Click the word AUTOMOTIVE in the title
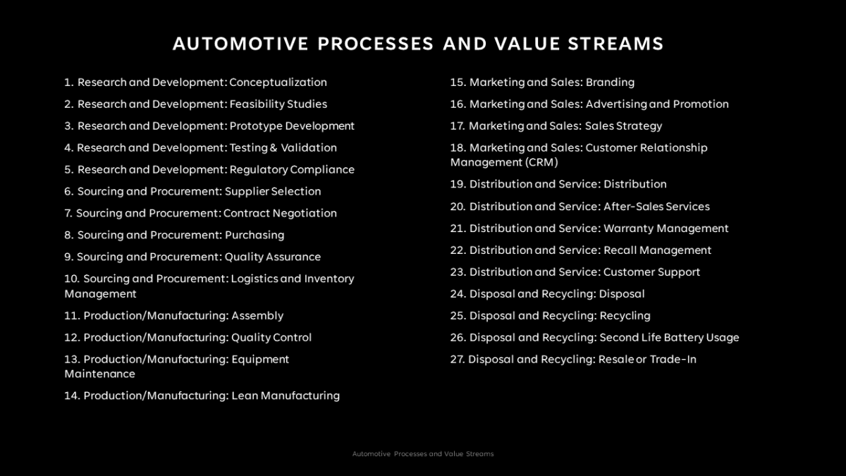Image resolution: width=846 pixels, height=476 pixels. click(240, 44)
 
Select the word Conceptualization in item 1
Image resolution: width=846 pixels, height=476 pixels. click(278, 83)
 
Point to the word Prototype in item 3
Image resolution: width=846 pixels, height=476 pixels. click(255, 126)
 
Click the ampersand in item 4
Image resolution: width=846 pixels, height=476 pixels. click(273, 148)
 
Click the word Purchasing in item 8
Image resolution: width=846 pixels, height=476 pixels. click(255, 236)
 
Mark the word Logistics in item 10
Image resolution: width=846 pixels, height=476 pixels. click(254, 279)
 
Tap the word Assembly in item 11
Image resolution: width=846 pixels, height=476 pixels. click(257, 316)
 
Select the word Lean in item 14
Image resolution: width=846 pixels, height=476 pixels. click(244, 396)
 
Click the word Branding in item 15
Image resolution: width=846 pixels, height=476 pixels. click(610, 83)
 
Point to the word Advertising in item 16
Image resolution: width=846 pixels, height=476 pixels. click(615, 104)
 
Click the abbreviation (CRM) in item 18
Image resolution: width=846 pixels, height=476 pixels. click(541, 162)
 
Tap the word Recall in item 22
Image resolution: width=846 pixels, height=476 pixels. click(620, 250)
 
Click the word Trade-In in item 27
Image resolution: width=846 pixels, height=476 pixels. click(673, 360)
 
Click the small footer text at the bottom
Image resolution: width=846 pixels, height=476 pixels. click(423, 454)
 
